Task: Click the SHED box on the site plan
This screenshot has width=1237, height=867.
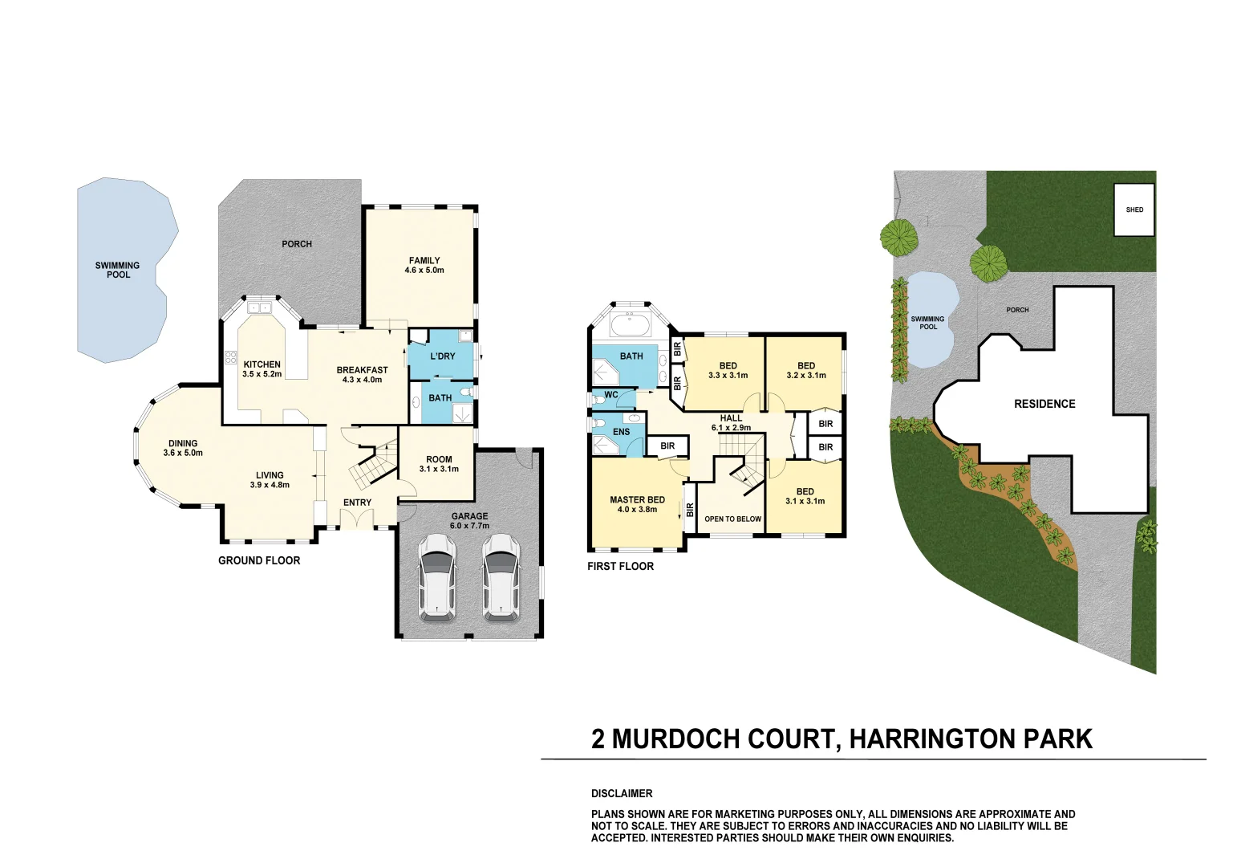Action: click(x=1134, y=210)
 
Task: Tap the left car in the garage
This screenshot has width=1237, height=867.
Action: click(x=436, y=578)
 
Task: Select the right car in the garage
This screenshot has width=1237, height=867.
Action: click(x=501, y=578)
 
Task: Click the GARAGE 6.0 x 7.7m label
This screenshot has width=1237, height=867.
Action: click(x=469, y=521)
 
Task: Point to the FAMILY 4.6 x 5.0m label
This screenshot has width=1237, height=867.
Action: click(x=424, y=265)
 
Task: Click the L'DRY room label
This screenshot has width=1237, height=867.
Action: click(x=442, y=356)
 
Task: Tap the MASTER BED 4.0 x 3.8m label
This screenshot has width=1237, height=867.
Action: click(x=637, y=504)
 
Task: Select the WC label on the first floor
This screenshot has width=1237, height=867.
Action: click(x=610, y=395)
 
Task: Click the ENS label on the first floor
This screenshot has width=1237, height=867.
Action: click(x=621, y=432)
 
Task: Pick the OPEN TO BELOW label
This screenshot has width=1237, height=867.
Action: click(x=732, y=519)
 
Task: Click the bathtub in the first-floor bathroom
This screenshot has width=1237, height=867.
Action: click(x=631, y=325)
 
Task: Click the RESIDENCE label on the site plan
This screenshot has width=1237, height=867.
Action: click(x=1044, y=404)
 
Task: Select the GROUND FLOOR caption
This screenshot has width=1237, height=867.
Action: click(x=259, y=560)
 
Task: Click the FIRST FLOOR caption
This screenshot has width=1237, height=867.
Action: click(x=620, y=567)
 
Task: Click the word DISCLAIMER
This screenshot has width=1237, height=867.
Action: click(x=622, y=794)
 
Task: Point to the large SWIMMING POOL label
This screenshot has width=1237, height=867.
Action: click(x=118, y=270)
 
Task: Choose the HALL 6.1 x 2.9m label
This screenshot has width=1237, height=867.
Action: click(x=731, y=423)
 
